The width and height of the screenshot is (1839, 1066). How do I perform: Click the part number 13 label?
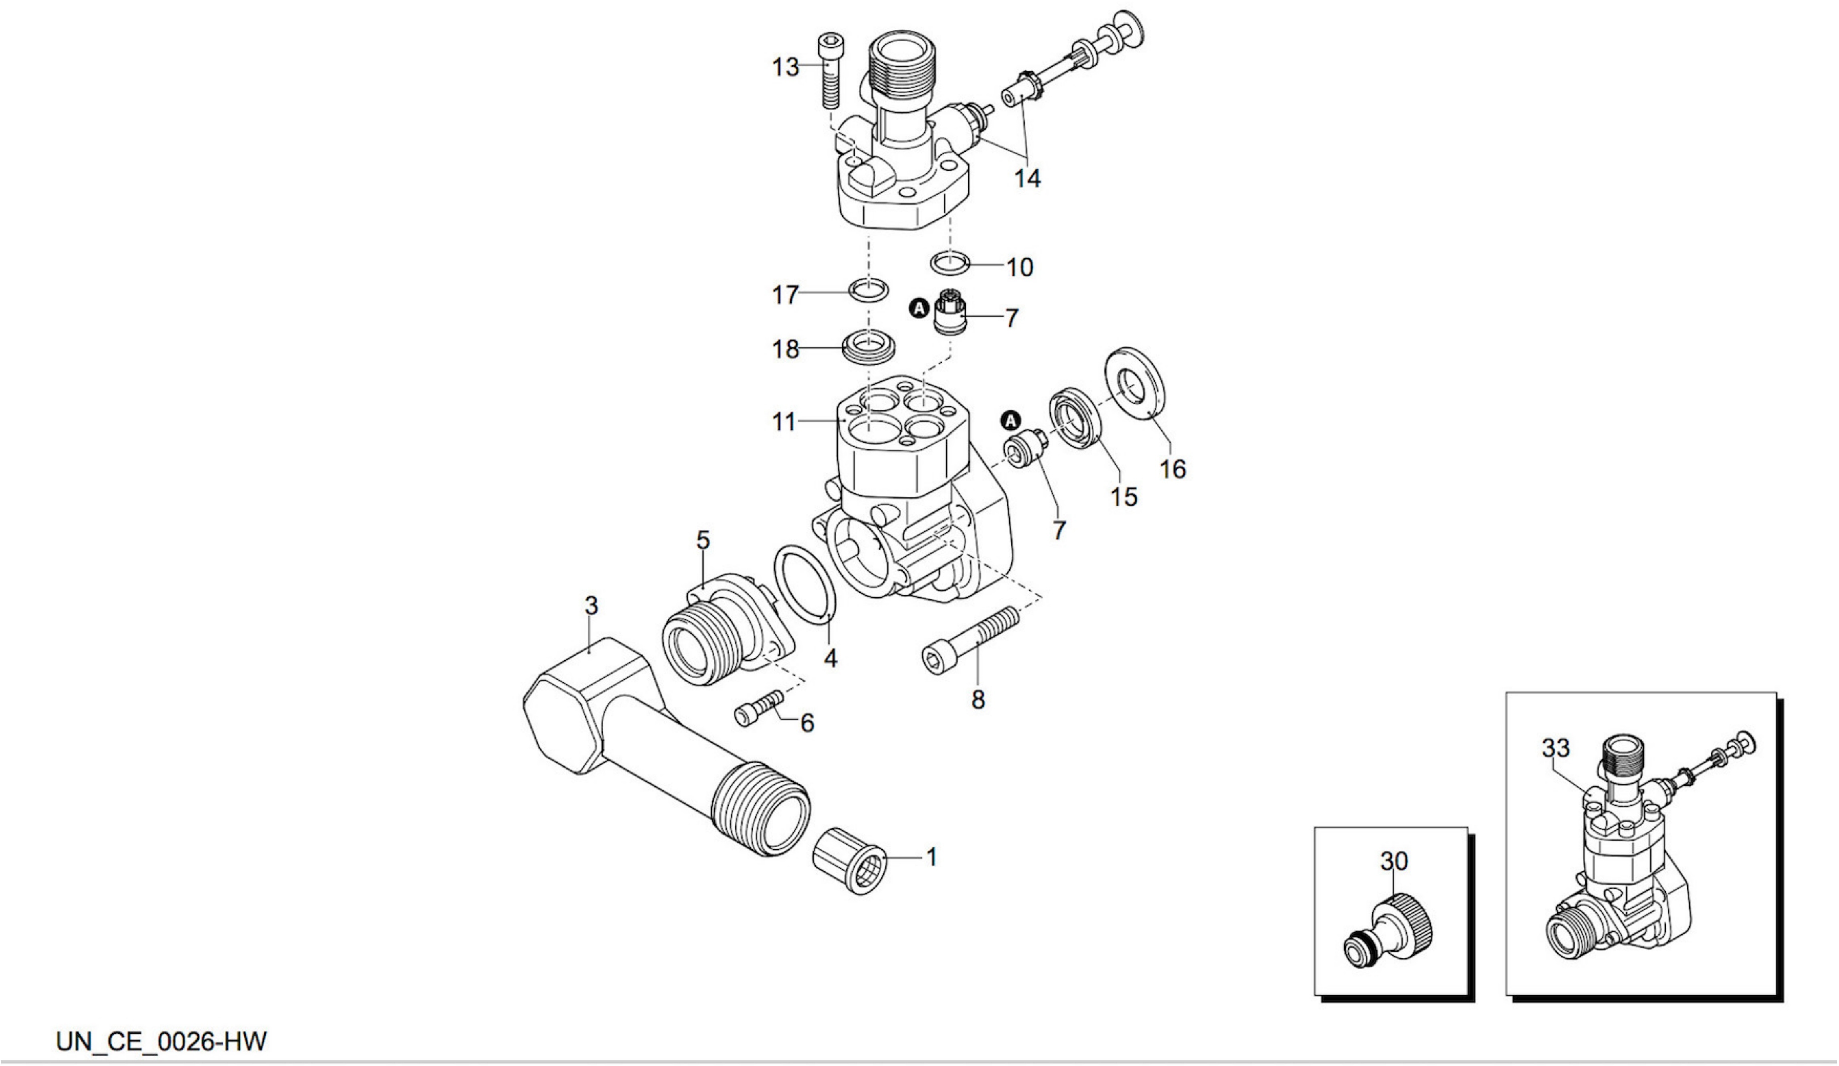pos(785,67)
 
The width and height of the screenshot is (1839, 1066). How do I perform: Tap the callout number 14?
pos(1027,178)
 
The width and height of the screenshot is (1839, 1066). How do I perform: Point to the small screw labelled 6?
pos(760,706)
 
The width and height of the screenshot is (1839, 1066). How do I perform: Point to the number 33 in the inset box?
pos(1555,748)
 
